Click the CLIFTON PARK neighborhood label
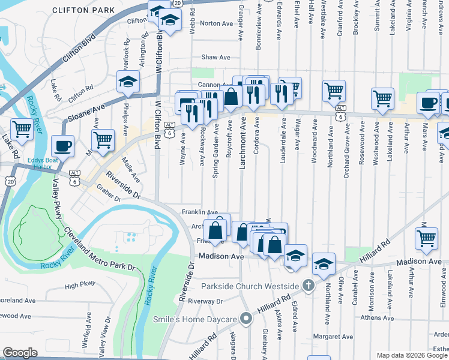pos(83,10)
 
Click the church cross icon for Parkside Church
pos(309,285)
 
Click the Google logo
pos(20,353)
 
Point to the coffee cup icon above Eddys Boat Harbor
pos(62,145)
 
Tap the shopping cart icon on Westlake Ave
pos(334,91)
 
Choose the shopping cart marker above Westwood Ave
pos(382,98)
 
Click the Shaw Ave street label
pos(216,58)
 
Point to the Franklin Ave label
pos(200,212)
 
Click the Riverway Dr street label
pos(205,301)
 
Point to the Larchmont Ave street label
pos(244,143)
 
